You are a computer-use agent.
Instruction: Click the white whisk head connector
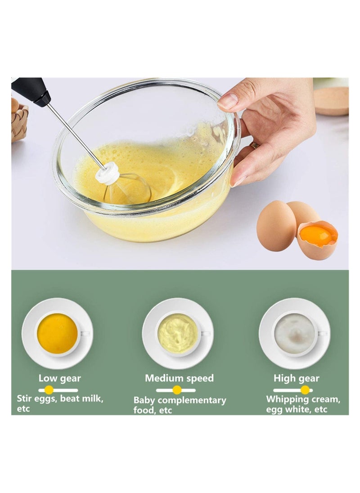click(108, 173)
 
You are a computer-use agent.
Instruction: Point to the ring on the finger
click(255, 145)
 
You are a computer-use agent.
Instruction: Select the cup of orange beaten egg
click(57, 333)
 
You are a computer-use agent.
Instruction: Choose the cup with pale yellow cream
click(178, 333)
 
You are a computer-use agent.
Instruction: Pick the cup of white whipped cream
click(295, 333)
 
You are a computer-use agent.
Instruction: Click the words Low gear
click(59, 378)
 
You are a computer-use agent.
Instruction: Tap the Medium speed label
click(179, 378)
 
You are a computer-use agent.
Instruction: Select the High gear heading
click(296, 378)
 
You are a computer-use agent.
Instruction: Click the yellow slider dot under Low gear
click(49, 390)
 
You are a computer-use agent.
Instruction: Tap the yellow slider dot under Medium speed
click(177, 390)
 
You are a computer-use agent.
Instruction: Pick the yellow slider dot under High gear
click(305, 390)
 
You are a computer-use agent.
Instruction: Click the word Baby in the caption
click(144, 400)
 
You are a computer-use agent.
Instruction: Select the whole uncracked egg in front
click(276, 226)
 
